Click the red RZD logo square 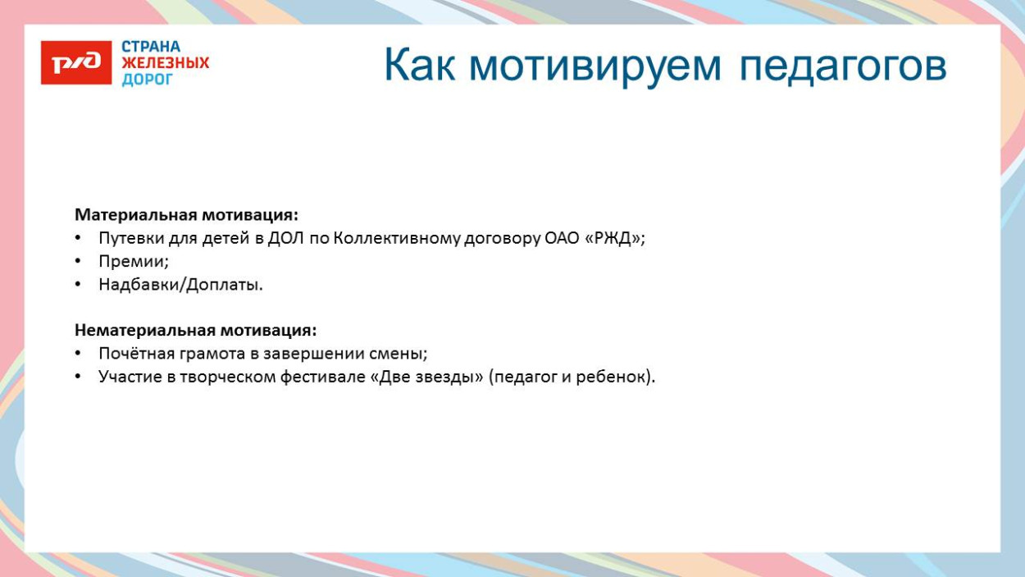point(75,62)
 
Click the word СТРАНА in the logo point(151,47)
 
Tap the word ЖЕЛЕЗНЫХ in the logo point(165,63)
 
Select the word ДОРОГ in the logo point(148,80)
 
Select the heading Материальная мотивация point(186,215)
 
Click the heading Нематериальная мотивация point(195,330)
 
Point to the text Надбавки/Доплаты point(180,284)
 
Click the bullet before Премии point(78,261)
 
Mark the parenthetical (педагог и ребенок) point(572,377)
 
